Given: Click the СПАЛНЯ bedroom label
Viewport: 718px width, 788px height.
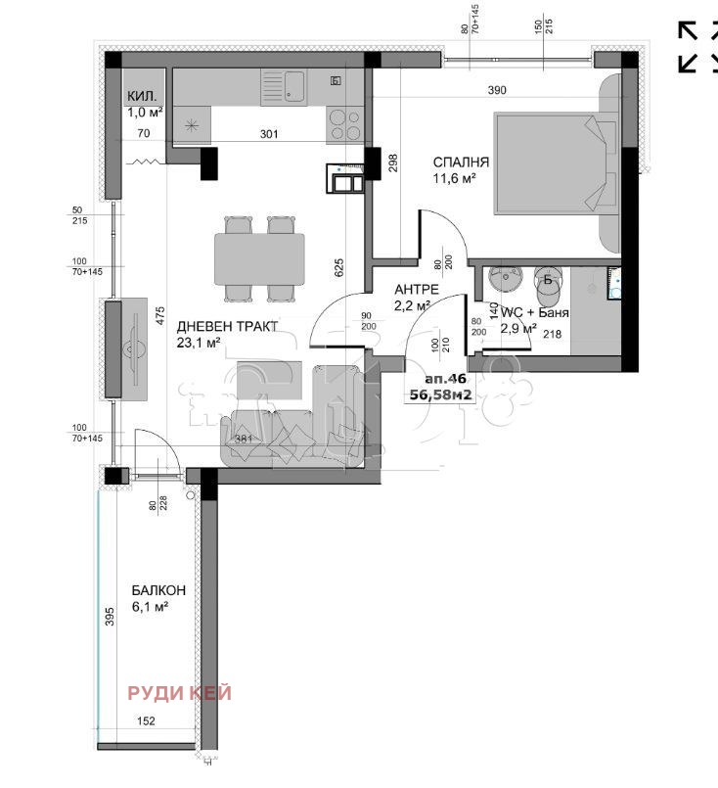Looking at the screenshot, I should pos(462,162).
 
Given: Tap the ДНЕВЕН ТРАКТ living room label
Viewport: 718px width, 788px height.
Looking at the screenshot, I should pos(227,326).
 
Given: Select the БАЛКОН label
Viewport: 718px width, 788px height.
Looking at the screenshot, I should pos(158,591).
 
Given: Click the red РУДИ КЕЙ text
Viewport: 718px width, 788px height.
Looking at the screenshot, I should pos(180,693).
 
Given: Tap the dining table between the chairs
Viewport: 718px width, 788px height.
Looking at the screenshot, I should pos(260,258).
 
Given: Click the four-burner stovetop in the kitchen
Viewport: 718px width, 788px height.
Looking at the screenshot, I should pos(344,123).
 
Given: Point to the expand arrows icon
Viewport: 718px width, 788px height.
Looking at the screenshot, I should pos(701,46).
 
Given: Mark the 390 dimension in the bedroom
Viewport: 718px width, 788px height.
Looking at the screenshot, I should pos(497,91).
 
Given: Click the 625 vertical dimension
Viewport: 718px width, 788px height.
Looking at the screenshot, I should pos(338,267).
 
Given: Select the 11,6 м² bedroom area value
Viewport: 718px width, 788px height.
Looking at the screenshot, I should pos(455,179).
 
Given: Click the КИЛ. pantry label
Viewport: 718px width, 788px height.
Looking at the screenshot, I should pos(142,96).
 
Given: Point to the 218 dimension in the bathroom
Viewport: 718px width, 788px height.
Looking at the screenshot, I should pos(552,335).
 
